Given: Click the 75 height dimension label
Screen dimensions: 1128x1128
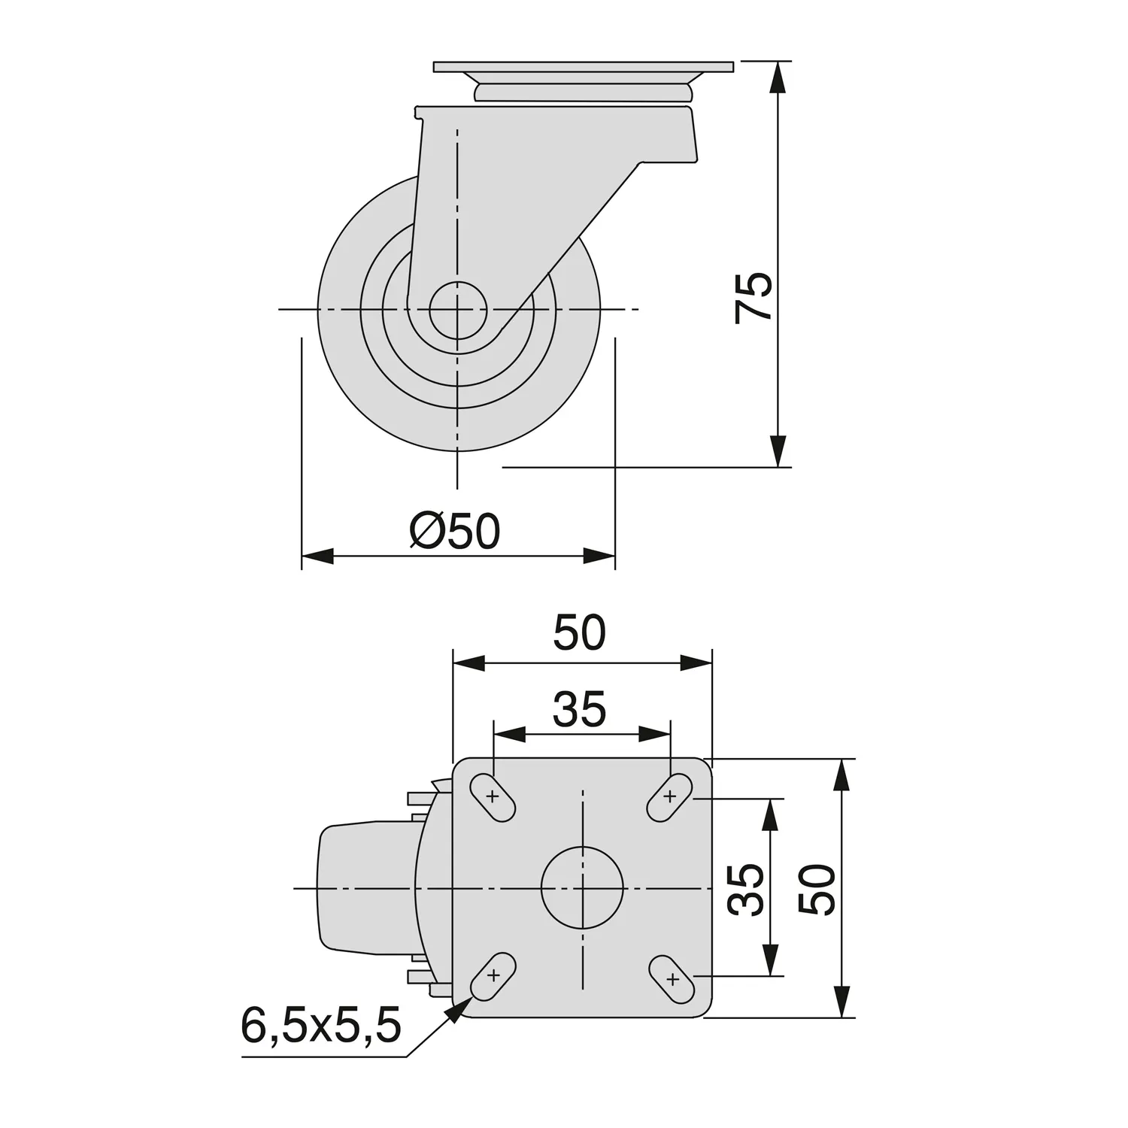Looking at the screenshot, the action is [754, 296].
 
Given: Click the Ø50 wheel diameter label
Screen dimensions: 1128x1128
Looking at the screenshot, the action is [454, 532].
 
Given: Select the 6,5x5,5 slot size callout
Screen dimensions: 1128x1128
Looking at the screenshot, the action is [320, 1027].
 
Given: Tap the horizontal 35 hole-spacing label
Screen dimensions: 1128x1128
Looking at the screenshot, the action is [579, 709].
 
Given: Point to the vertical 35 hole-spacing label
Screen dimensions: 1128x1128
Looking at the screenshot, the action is [747, 889].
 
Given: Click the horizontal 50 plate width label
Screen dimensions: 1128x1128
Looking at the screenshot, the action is [579, 632].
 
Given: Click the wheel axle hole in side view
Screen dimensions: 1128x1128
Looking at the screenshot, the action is [457, 309].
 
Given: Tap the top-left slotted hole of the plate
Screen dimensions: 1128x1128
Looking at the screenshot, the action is [493, 796].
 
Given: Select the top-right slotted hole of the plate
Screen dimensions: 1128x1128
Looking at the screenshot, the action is [670, 796].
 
